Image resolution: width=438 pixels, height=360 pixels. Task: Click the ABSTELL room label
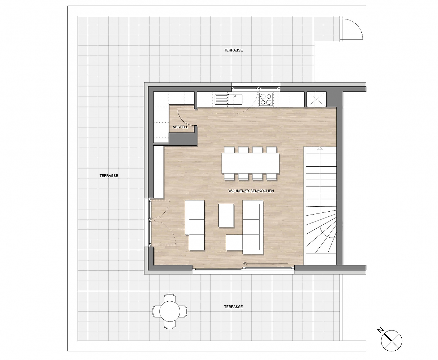180,127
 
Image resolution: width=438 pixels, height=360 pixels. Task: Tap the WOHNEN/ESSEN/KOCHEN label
251,191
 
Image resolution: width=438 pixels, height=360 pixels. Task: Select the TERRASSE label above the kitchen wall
233,50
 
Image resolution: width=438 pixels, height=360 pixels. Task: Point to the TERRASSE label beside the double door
109,176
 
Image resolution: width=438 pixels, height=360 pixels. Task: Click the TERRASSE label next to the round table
233,307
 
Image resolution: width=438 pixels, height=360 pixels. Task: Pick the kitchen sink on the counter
228,99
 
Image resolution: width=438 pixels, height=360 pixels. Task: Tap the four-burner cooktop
266,99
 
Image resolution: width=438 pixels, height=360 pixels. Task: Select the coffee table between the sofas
226,215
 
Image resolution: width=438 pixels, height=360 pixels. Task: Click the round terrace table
170,311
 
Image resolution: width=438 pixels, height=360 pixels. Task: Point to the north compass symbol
392,341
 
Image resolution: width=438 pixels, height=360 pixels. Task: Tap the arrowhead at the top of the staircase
320,148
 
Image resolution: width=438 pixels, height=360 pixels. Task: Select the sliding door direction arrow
265,263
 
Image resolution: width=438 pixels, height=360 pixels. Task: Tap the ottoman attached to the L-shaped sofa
234,242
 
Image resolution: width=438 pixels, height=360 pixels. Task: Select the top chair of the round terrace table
170,298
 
